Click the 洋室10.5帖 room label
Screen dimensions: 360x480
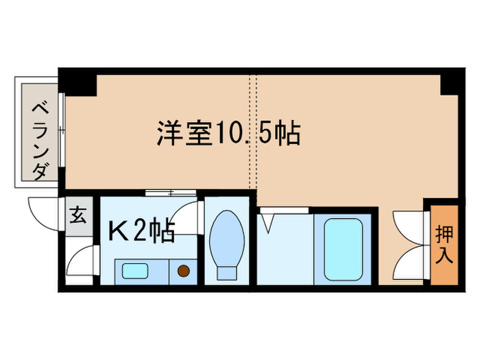click(x=228, y=133)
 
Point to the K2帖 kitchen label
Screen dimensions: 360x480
click(x=141, y=231)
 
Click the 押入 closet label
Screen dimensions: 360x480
click(x=444, y=244)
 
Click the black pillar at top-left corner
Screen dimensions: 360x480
click(x=77, y=82)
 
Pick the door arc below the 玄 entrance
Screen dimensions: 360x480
click(x=80, y=262)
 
